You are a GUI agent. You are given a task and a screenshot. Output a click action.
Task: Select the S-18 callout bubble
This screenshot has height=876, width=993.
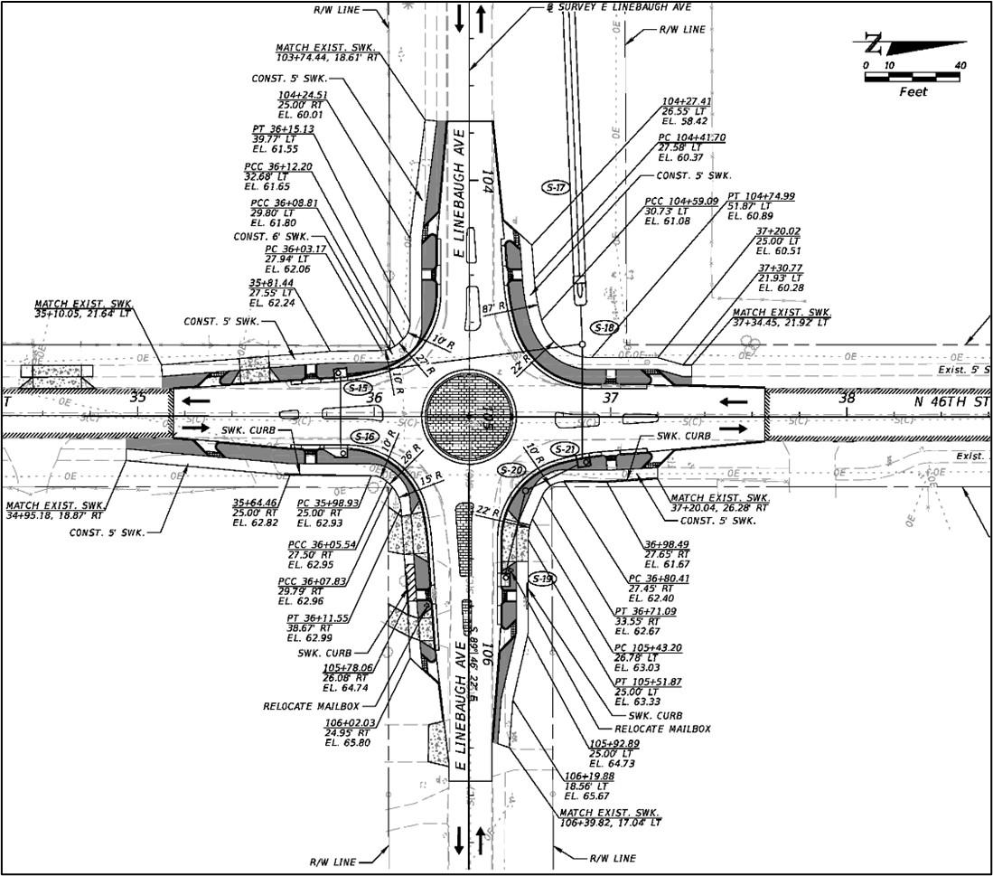(604, 327)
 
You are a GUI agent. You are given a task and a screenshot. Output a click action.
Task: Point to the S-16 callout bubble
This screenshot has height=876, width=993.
(364, 437)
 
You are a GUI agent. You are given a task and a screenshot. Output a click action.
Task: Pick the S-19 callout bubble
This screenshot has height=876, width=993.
(542, 579)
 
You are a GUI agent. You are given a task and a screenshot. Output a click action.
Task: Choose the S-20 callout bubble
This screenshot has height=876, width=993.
(511, 470)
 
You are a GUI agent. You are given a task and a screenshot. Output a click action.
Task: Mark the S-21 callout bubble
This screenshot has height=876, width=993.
(565, 449)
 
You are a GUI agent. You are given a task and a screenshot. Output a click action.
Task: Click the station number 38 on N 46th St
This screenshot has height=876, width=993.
(847, 398)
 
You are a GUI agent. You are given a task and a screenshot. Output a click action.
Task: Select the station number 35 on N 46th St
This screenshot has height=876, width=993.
(137, 398)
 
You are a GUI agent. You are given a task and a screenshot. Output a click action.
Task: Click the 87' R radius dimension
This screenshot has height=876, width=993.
(493, 308)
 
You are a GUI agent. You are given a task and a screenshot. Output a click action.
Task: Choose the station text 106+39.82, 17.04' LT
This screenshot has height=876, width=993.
(611, 823)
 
